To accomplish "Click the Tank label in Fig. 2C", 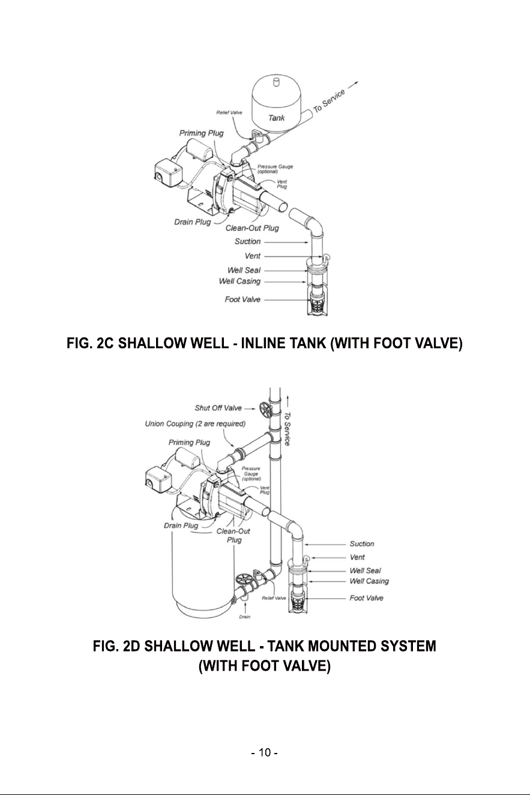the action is [x=276, y=118].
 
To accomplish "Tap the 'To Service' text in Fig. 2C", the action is [x=330, y=100].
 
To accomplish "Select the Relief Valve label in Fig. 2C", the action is [x=229, y=112].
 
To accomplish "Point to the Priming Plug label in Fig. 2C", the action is [x=201, y=133].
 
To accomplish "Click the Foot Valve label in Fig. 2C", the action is [x=242, y=300].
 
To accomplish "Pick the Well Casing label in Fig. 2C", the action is [x=240, y=282].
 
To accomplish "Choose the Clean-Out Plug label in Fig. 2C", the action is [x=252, y=228].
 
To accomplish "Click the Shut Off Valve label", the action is [x=218, y=408].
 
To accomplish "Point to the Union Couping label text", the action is [x=195, y=424].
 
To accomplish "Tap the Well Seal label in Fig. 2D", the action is [x=365, y=570].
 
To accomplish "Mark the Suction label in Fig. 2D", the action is [x=362, y=544].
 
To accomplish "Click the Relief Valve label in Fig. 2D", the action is [x=274, y=598].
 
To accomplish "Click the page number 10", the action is [x=265, y=752].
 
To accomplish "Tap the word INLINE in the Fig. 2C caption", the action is [x=263, y=343].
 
